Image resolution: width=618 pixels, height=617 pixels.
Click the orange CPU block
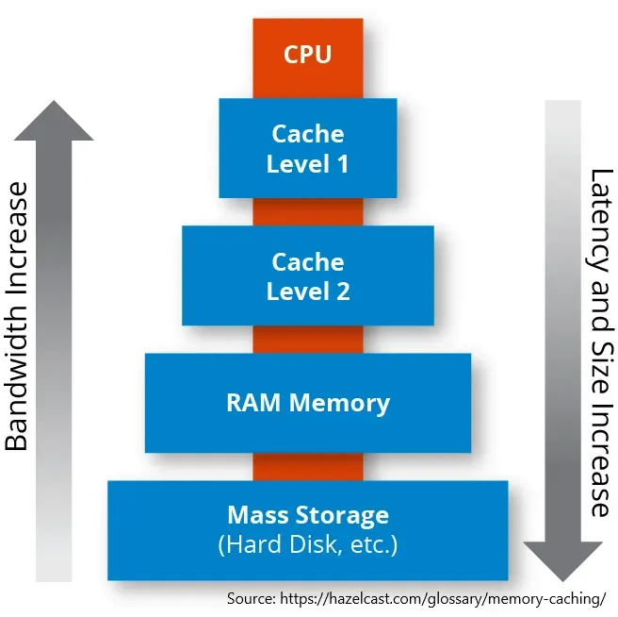point(308,55)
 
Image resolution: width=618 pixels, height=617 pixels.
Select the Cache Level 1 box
point(308,148)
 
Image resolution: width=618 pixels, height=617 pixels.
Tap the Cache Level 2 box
point(308,275)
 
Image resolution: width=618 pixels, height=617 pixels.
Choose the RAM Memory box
point(308,403)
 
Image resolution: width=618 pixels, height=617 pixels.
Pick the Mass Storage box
point(308,530)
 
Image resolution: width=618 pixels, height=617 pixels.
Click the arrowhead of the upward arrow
point(54,121)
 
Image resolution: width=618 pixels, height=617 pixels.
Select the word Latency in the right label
point(600,215)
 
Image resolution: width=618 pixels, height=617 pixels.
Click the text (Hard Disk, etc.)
point(308,544)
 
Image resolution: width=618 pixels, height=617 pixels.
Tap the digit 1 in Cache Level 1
point(341,163)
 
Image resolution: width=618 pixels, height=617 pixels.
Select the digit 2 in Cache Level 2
point(341,291)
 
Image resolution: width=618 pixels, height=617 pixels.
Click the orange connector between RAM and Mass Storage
point(308,466)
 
